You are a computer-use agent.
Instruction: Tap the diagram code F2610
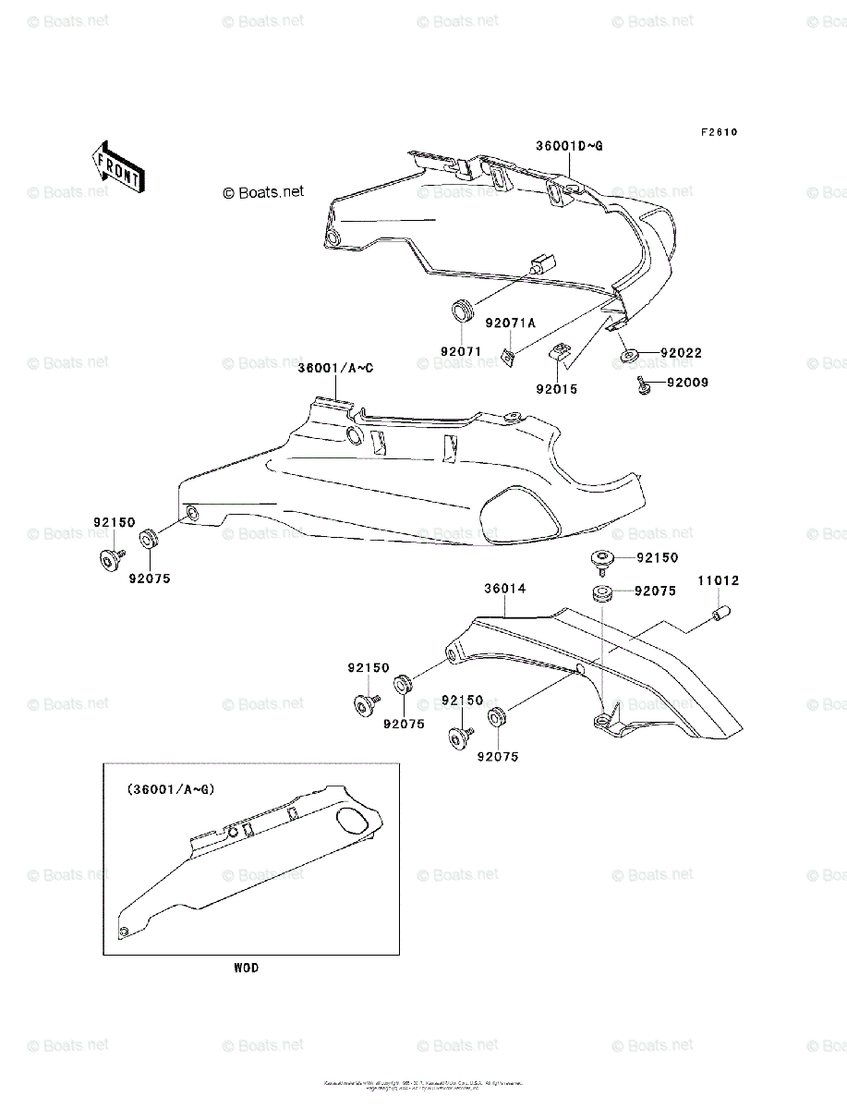pyautogui.click(x=718, y=132)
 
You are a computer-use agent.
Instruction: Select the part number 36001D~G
pyautogui.click(x=569, y=146)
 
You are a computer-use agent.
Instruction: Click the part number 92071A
pyautogui.click(x=510, y=323)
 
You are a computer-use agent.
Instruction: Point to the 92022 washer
pyautogui.click(x=629, y=355)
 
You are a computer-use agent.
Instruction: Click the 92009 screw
pyautogui.click(x=642, y=385)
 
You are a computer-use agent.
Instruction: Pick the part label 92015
pyautogui.click(x=556, y=389)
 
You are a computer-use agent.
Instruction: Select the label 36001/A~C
pyautogui.click(x=335, y=368)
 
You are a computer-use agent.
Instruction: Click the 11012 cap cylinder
pyautogui.click(x=722, y=614)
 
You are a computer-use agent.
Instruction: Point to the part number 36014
pyautogui.click(x=505, y=588)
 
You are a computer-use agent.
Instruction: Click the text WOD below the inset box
pyautogui.click(x=246, y=968)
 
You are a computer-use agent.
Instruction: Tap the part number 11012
pyautogui.click(x=718, y=581)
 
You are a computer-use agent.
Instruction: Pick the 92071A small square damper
pyautogui.click(x=507, y=355)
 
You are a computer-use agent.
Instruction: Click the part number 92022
pyautogui.click(x=681, y=353)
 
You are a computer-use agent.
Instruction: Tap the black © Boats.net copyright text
pyautogui.click(x=263, y=192)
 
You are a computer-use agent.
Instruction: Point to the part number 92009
pyautogui.click(x=687, y=382)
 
